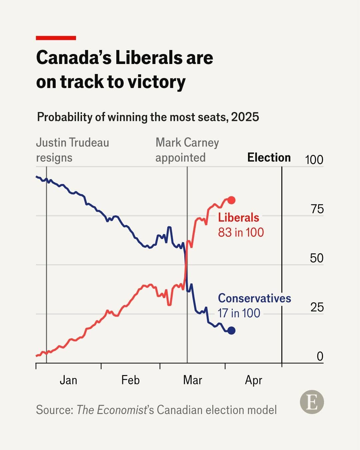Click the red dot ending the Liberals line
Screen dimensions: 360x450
click(x=231, y=200)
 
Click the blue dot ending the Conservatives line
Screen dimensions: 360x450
click(x=231, y=330)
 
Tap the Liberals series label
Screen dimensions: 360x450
click(x=239, y=218)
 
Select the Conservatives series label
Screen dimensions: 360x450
click(x=255, y=298)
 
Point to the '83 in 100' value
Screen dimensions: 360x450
click(x=241, y=232)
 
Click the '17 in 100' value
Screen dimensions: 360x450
click(x=239, y=313)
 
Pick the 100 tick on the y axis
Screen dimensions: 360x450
click(x=314, y=160)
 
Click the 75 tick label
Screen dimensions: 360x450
click(x=317, y=209)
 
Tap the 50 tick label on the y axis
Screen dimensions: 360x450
click(x=317, y=258)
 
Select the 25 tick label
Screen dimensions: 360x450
click(x=317, y=307)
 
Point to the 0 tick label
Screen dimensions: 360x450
click(x=320, y=357)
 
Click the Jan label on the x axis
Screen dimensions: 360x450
click(x=68, y=380)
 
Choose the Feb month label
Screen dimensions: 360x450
click(x=131, y=380)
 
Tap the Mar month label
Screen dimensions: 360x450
click(x=193, y=380)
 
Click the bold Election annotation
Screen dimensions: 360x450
click(x=269, y=157)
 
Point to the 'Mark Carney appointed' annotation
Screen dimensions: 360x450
click(x=187, y=150)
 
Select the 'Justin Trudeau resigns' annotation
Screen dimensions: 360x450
click(x=73, y=150)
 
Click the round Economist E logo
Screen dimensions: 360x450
click(x=312, y=402)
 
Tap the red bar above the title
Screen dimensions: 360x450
click(x=56, y=38)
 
